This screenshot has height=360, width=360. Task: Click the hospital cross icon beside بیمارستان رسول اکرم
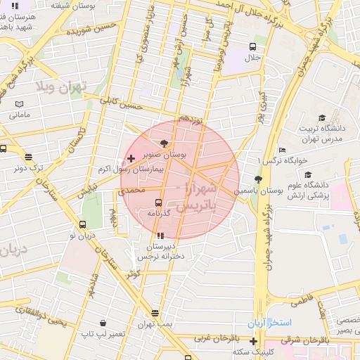[x=131, y=158]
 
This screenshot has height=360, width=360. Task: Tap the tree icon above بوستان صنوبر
[x=165, y=143]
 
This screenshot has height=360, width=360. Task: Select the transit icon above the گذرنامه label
[x=159, y=202]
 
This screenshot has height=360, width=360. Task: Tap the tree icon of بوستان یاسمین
[x=258, y=180]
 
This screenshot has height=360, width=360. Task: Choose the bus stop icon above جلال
[x=252, y=46]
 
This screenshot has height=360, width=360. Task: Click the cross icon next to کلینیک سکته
[x=253, y=340]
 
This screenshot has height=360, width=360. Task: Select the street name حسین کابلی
[x=120, y=105]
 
